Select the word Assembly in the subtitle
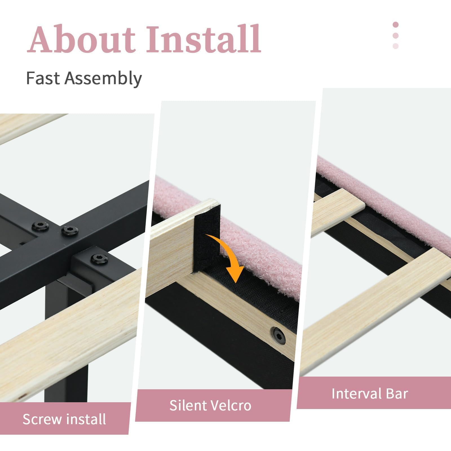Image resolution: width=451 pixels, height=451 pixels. click(x=103, y=79)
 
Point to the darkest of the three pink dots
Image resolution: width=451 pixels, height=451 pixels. click(x=395, y=25)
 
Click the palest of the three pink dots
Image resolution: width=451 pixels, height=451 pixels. click(x=395, y=46)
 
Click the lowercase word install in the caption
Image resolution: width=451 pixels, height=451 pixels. click(x=86, y=419)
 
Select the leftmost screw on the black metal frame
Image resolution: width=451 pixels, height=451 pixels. click(x=40, y=226)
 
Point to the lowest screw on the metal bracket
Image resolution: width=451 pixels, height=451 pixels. click(x=99, y=258)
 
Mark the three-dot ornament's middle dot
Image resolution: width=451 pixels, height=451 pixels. click(x=395, y=36)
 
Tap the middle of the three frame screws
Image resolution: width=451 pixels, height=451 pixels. click(x=70, y=231)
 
